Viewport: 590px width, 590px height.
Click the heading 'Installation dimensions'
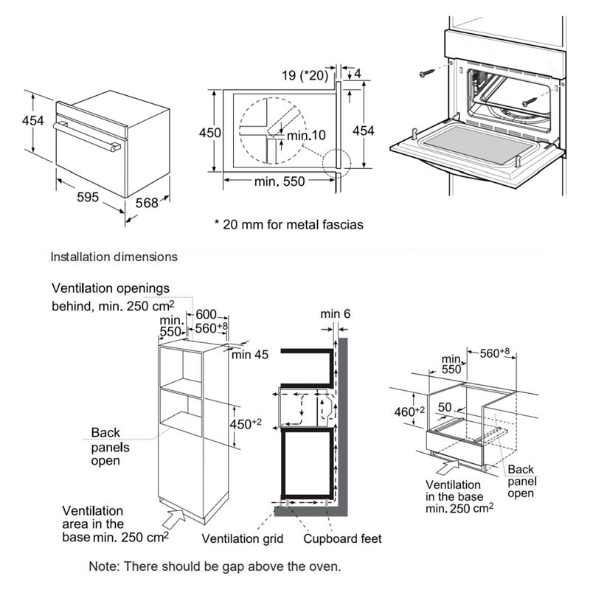[x=113, y=257]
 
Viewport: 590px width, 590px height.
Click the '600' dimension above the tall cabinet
[x=205, y=315]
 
